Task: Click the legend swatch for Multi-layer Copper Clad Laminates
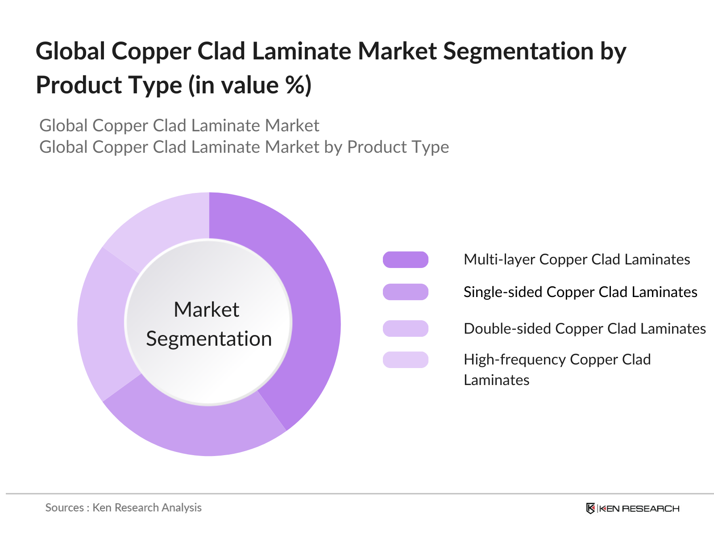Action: tap(405, 260)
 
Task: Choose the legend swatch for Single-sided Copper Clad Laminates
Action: tap(405, 292)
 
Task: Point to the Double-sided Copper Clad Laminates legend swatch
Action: tap(405, 328)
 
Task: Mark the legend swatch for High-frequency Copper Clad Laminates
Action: tap(405, 360)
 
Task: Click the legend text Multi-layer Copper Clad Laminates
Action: tap(577, 260)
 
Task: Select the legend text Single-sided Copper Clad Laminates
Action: tap(580, 292)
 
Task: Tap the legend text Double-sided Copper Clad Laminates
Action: tap(585, 329)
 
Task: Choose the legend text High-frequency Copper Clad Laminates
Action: tap(557, 370)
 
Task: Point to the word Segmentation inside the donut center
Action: tap(209, 339)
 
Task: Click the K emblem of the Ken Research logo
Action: tap(590, 508)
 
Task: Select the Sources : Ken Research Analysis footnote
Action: tap(123, 508)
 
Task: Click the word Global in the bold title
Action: tap(70, 51)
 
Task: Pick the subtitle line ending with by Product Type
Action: tap(244, 147)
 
